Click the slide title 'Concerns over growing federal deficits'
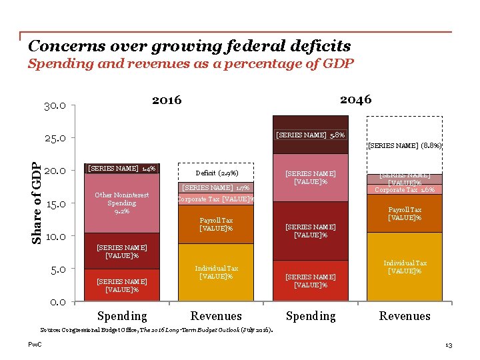click(189, 46)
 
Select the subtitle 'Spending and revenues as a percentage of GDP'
click(191, 64)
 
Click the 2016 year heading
click(167, 100)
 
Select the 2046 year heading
click(355, 99)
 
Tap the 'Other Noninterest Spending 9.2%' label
click(121, 203)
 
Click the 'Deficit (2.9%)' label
click(216, 173)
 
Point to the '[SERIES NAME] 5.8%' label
click(311, 135)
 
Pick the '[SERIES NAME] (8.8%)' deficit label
click(405, 145)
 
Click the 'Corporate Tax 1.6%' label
click(405, 189)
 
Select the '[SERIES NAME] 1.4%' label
click(122, 168)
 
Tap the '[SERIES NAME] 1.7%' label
click(216, 188)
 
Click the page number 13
click(448, 345)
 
